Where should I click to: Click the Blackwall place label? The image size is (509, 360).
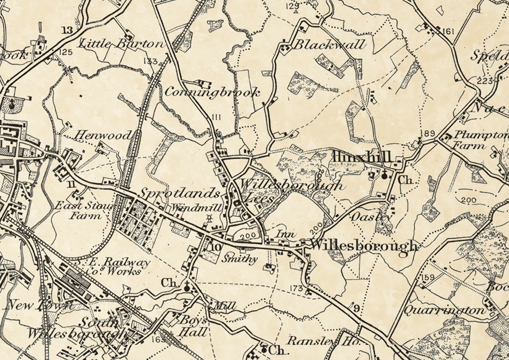coord(329,45)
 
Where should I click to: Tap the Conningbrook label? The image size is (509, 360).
coord(212,93)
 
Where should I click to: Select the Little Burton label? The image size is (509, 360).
coord(121,44)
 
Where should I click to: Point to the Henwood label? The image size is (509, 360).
coord(103,136)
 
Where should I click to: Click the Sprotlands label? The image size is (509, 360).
coord(180,194)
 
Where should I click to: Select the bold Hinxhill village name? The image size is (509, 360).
coord(363,157)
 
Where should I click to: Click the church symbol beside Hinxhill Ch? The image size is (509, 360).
coord(384,175)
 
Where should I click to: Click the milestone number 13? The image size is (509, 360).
coord(68,30)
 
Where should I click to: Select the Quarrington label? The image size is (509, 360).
coord(444,310)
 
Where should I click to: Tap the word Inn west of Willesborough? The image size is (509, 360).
coord(286,234)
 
